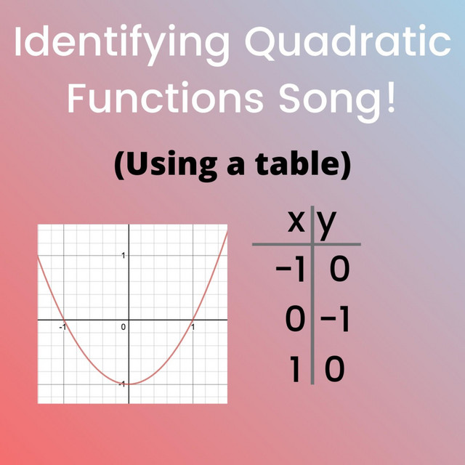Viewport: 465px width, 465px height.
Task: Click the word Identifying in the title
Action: tap(121, 45)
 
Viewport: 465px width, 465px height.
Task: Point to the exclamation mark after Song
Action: tap(392, 97)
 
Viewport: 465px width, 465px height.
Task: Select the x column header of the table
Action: tap(296, 222)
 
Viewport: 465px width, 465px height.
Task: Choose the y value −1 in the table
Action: tap(335, 320)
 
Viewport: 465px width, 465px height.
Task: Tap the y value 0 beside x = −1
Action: tap(340, 269)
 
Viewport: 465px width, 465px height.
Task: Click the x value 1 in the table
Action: tap(294, 369)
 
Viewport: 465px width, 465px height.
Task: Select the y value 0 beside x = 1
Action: tap(335, 369)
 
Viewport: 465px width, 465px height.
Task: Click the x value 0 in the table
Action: tap(295, 320)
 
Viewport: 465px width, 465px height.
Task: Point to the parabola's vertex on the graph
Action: tap(129, 384)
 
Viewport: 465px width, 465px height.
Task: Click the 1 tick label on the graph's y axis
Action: tap(124, 255)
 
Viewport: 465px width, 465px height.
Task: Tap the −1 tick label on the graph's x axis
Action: tap(62, 327)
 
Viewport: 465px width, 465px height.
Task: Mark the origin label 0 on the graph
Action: tap(124, 327)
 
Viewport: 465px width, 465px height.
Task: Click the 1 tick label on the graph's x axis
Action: tap(193, 327)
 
